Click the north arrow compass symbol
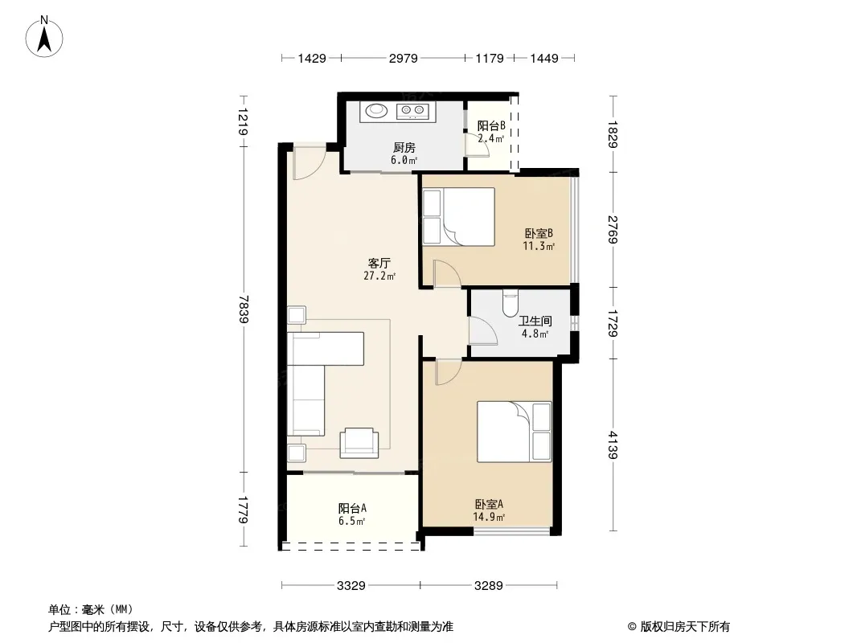(x=44, y=37)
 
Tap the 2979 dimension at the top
(x=403, y=58)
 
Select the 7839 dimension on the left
(x=244, y=309)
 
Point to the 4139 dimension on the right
(x=613, y=444)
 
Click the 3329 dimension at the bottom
(x=351, y=586)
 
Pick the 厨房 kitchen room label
(x=404, y=148)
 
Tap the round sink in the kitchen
(x=376, y=111)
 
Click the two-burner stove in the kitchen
(x=413, y=111)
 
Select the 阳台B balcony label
(x=491, y=126)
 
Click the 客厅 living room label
(x=379, y=264)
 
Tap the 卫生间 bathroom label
(x=535, y=321)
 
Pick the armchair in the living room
(x=359, y=443)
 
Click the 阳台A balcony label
(x=352, y=508)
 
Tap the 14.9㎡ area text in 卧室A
(x=489, y=517)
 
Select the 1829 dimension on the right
(x=613, y=134)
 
